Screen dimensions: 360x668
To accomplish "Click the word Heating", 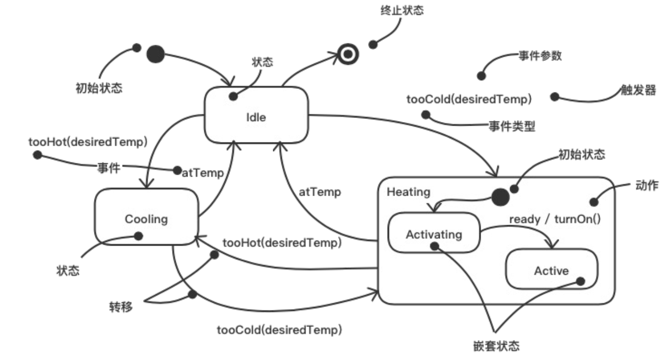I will click(x=409, y=191).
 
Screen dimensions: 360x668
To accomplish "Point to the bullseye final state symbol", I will click(x=347, y=54).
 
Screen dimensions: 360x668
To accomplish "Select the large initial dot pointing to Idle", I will click(x=156, y=54).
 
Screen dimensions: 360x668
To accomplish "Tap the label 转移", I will click(x=121, y=306).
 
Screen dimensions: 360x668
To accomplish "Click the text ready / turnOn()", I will click(x=555, y=219).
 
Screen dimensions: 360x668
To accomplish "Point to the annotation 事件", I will click(x=108, y=167).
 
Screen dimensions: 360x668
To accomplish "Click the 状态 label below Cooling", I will click(x=68, y=271).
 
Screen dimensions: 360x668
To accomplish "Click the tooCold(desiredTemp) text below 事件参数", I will click(x=469, y=99).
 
